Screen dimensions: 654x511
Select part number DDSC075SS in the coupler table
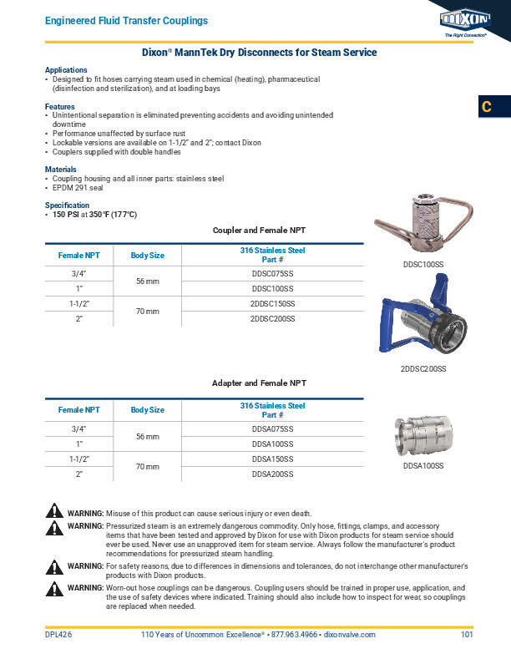click(273, 273)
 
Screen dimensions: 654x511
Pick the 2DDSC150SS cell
click(273, 304)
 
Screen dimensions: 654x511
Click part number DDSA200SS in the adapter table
click(273, 474)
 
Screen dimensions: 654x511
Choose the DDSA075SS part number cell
click(273, 428)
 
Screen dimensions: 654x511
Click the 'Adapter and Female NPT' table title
click(259, 383)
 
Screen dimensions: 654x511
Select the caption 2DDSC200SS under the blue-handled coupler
click(422, 369)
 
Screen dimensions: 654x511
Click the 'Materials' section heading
click(60, 169)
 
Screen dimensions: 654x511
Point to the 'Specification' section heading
click(66, 205)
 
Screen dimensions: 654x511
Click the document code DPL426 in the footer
click(58, 636)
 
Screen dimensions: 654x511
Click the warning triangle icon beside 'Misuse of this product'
click(54, 511)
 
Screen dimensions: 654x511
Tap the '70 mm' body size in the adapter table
click(148, 467)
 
